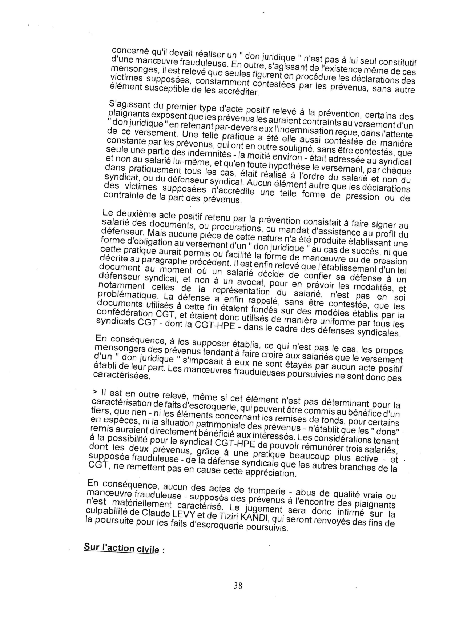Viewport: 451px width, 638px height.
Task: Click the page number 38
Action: [238, 585]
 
